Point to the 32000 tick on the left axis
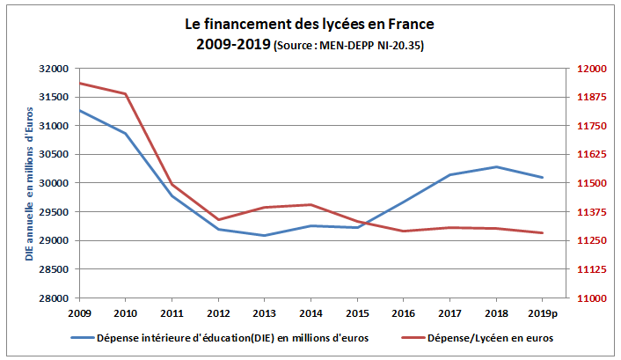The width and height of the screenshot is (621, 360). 55,69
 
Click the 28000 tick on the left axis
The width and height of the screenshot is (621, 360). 55,298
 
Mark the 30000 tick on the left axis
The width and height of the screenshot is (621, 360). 55,183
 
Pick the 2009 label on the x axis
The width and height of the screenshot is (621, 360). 79,312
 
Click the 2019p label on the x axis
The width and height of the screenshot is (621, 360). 543,312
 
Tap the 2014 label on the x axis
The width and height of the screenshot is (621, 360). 310,312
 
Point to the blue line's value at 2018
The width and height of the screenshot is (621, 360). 496,166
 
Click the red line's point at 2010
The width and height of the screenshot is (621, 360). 126,94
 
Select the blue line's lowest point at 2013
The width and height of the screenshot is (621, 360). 265,235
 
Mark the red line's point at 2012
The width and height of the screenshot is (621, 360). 218,219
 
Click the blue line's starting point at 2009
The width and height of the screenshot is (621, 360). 79,110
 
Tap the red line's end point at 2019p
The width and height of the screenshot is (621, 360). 543,232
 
